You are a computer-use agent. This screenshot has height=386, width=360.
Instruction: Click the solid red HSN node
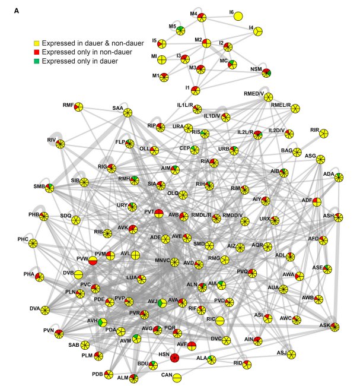174,357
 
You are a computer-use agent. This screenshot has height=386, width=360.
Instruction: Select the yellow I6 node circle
238,16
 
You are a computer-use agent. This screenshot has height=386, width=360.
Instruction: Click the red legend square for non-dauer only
36,52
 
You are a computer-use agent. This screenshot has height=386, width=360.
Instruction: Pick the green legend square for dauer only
36,61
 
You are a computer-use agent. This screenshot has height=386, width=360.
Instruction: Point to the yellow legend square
36,43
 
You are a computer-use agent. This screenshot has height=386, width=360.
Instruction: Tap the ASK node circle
335,327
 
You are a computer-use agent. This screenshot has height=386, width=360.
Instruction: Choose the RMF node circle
78,107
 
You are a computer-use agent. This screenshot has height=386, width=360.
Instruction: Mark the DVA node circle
44,310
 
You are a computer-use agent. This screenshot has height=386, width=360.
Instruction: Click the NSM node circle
267,73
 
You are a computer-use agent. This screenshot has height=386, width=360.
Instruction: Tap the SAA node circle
127,113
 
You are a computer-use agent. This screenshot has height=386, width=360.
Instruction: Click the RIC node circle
219,321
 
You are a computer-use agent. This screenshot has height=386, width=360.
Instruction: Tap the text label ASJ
281,353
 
